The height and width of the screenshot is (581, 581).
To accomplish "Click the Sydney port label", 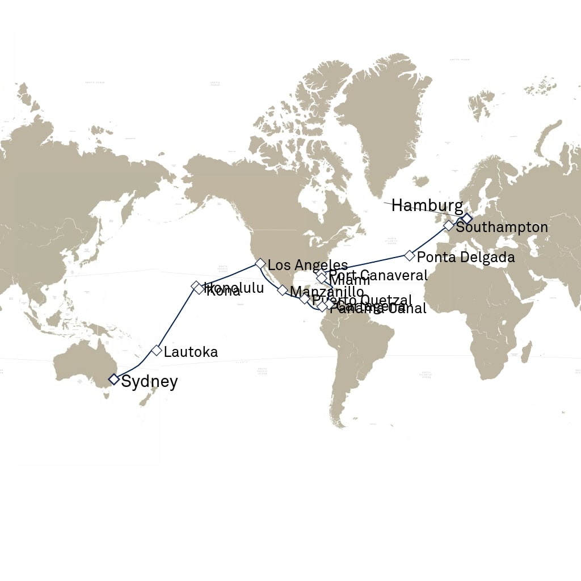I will [x=149, y=382].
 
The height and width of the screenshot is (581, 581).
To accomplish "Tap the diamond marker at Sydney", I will [x=113, y=378].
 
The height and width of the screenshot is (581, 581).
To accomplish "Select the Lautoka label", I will [x=191, y=352].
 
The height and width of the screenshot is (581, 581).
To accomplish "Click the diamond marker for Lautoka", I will [x=157, y=350].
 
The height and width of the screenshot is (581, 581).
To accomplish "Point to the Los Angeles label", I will [x=308, y=265].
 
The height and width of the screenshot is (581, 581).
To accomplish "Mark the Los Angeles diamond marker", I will [x=260, y=263].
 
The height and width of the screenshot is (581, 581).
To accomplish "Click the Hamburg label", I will [x=427, y=205].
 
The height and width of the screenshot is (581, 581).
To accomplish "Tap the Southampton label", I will [x=502, y=228].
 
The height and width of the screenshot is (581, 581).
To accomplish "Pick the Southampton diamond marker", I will [x=448, y=225].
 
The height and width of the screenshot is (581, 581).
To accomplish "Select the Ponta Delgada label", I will [x=466, y=257].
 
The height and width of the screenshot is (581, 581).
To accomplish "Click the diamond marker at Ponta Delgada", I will [x=409, y=255].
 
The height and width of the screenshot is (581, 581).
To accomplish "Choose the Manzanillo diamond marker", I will [x=282, y=290].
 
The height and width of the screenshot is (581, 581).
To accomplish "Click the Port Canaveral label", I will [x=378, y=275].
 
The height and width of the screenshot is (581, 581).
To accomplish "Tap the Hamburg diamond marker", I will [x=466, y=218].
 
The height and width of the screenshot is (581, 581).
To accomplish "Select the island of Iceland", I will [x=420, y=181].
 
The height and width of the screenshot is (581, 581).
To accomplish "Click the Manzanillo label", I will [x=326, y=292].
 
